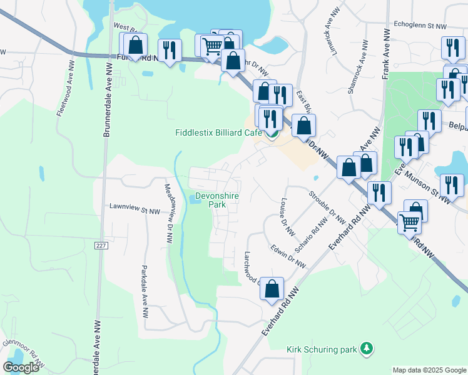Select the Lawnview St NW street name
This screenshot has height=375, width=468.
coord(135,211)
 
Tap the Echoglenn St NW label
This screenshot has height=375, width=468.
coord(420,26)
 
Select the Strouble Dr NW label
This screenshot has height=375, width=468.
coord(327,205)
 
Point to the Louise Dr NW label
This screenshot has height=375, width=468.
coord(287,217)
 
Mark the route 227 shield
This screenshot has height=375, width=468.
coord(101,246)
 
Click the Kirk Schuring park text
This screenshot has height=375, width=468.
coord(321,349)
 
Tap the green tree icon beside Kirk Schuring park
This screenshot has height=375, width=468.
coord(369,347)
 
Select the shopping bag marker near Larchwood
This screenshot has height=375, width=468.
coord(272,289)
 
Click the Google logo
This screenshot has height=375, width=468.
coord(21,367)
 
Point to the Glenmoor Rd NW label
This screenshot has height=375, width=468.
coord(24,352)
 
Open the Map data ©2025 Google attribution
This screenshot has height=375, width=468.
coord(429,370)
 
